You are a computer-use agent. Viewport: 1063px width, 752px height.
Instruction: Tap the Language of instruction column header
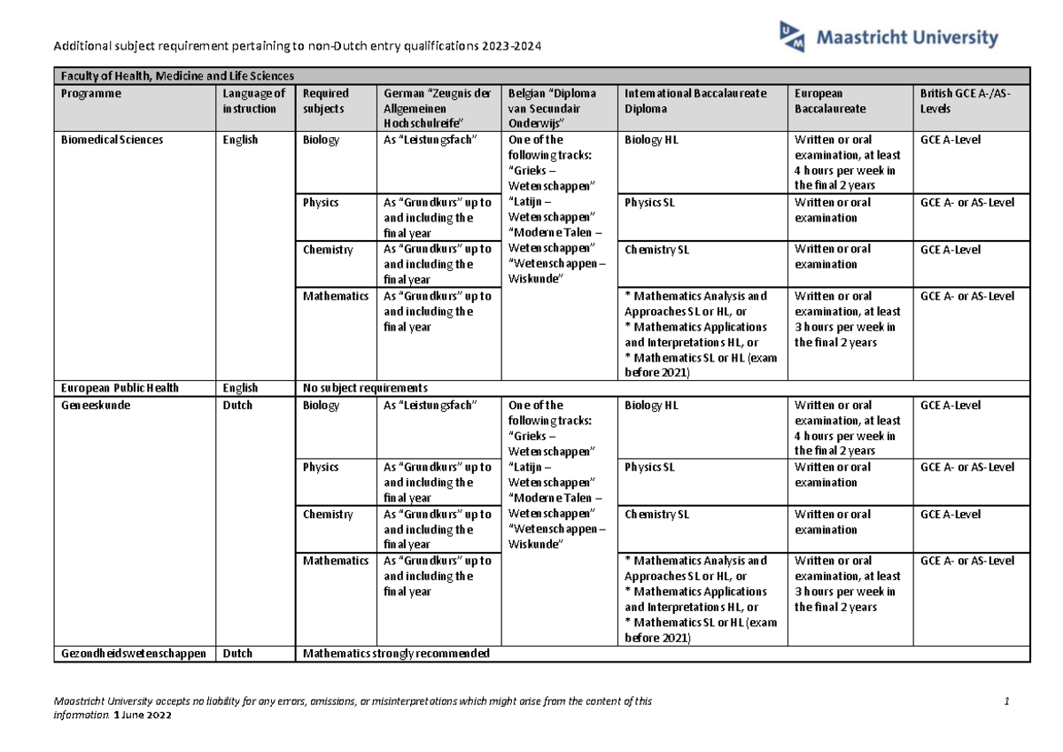click(x=254, y=101)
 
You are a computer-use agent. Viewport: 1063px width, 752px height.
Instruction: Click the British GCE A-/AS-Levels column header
click(x=965, y=101)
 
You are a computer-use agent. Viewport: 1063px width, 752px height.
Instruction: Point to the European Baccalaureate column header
click(x=830, y=101)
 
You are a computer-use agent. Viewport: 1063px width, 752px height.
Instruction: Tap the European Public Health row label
click(x=119, y=388)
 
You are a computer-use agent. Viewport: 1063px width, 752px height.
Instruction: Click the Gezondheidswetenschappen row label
click(x=133, y=654)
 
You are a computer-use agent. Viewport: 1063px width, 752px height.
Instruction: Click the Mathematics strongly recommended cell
click(x=396, y=654)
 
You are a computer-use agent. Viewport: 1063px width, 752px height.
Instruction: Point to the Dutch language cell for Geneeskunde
click(x=237, y=405)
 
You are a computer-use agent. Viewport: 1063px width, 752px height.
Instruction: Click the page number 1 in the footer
click(x=1007, y=702)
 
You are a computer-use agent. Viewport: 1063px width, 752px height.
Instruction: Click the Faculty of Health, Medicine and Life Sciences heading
click(x=176, y=75)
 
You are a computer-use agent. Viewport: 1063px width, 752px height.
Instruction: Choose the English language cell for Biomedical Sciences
click(x=240, y=140)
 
